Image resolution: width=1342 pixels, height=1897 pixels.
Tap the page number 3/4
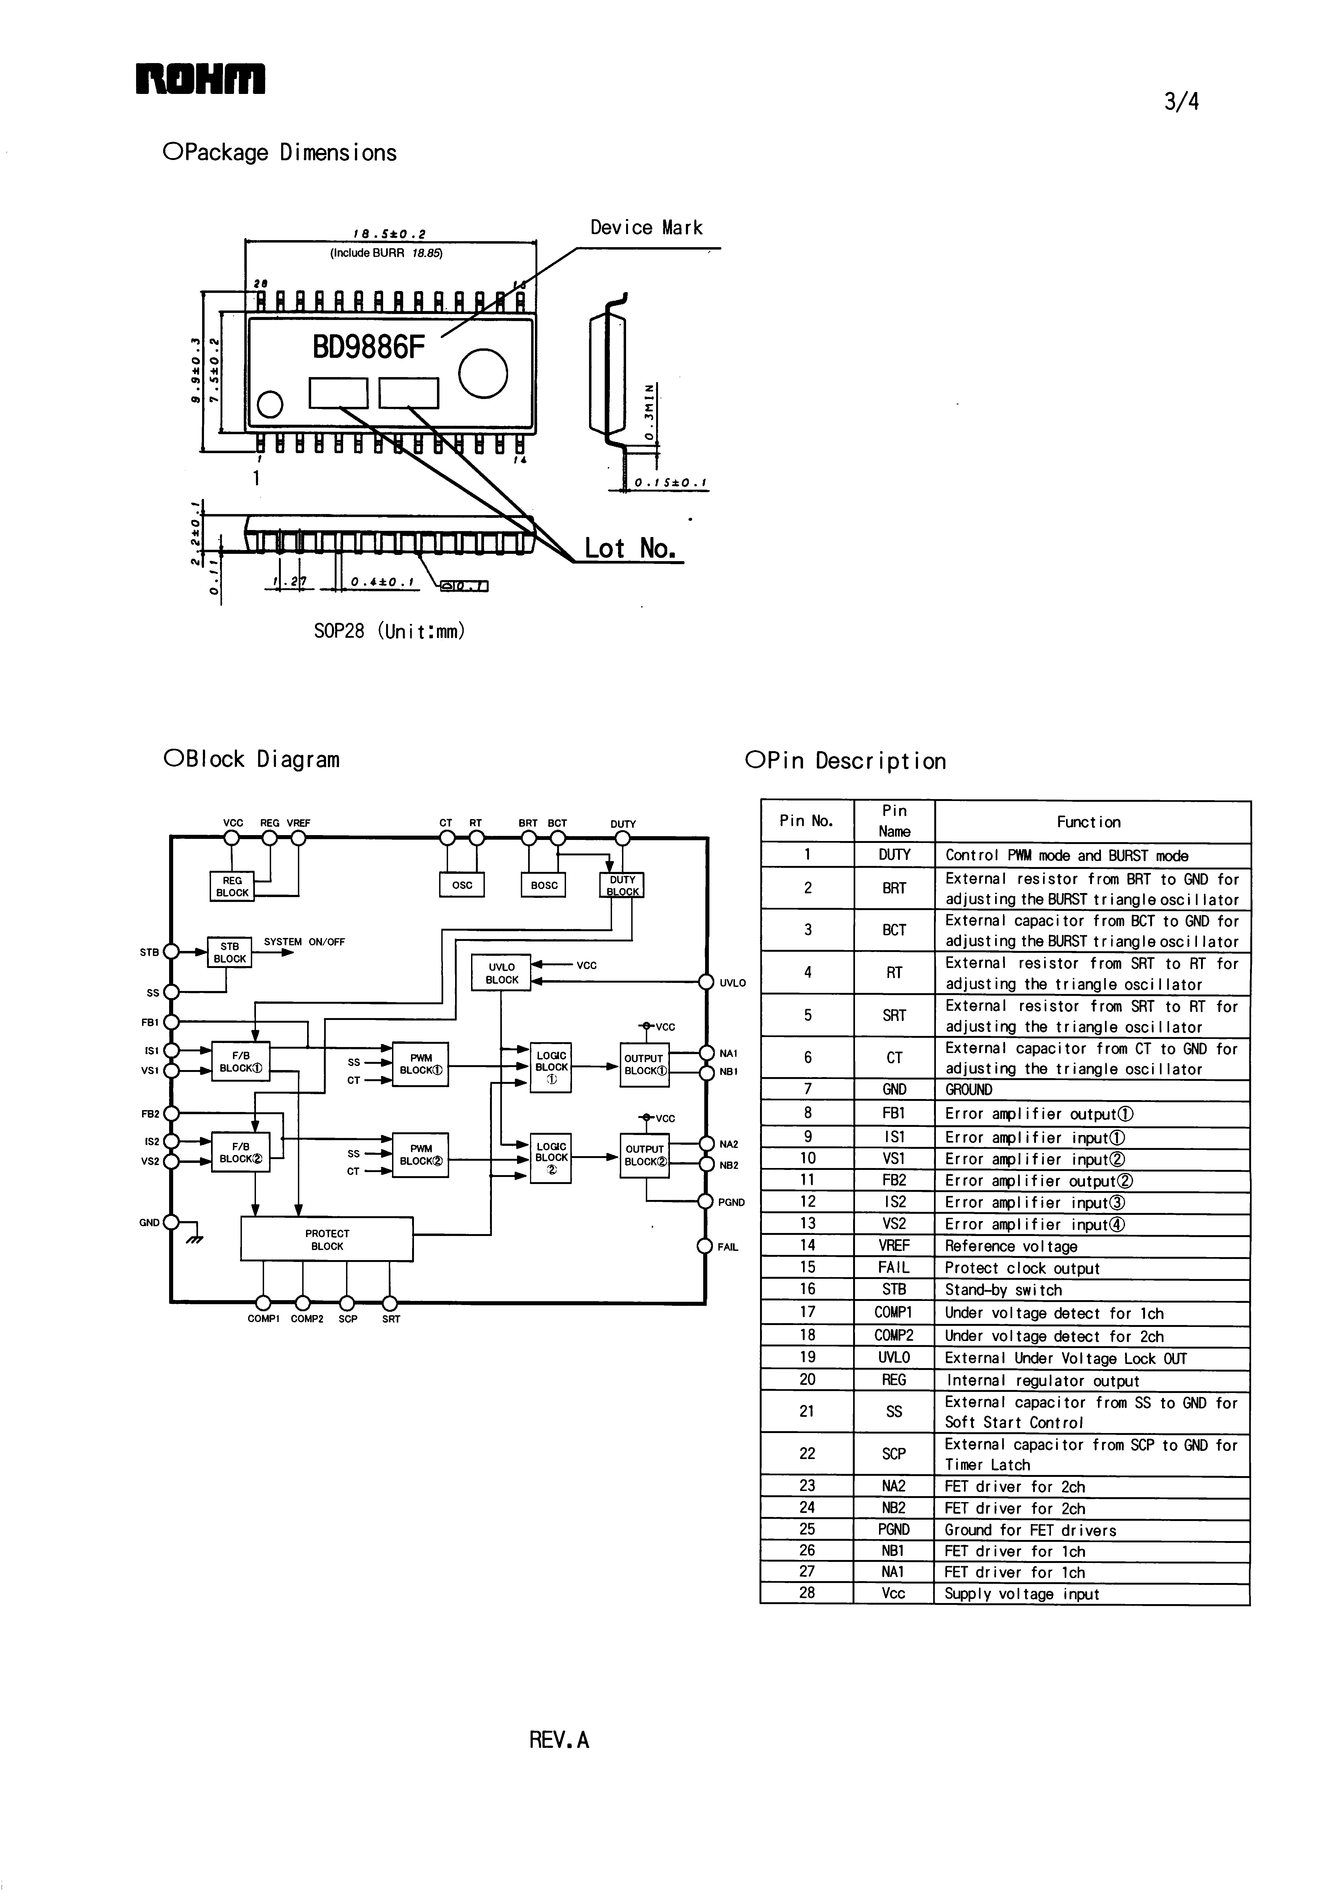pos(1181,102)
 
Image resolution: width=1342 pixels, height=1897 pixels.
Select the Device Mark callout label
pos(646,228)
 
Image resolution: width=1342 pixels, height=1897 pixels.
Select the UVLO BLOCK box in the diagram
pos(502,973)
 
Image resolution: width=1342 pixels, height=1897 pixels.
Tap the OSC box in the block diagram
pos(462,885)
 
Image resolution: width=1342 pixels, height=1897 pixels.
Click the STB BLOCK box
pos(230,952)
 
